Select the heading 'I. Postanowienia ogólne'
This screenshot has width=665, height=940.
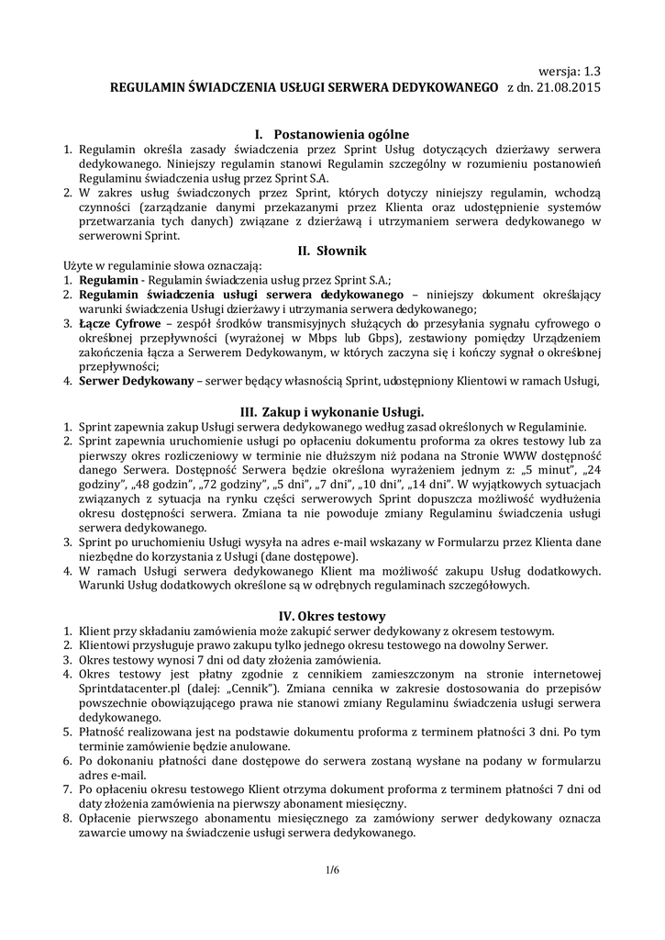tap(331, 134)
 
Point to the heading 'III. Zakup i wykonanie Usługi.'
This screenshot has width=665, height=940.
tap(331, 412)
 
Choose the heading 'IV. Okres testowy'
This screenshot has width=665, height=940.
tap(331, 616)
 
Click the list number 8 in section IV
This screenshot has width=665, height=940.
tap(67, 819)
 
